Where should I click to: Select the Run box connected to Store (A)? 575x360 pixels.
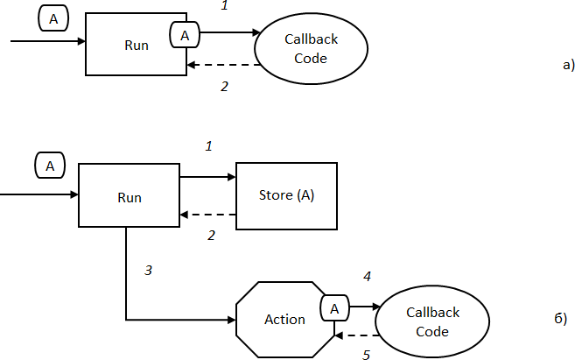click(x=129, y=196)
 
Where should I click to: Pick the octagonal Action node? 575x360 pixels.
click(x=285, y=319)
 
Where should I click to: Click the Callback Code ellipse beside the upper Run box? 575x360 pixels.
click(x=311, y=49)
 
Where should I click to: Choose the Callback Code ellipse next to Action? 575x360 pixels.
click(x=432, y=321)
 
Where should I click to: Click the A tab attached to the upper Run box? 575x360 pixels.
click(x=185, y=36)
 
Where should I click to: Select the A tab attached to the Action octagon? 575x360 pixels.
click(x=333, y=307)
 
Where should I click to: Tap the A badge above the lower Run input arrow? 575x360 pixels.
click(x=50, y=164)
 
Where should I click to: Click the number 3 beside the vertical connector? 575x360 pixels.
click(x=149, y=271)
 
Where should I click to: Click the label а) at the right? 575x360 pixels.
click(x=568, y=63)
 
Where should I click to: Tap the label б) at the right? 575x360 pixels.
click(x=561, y=317)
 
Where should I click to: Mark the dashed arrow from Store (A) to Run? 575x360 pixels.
click(x=208, y=215)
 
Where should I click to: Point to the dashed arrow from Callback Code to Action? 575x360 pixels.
click(x=357, y=335)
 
